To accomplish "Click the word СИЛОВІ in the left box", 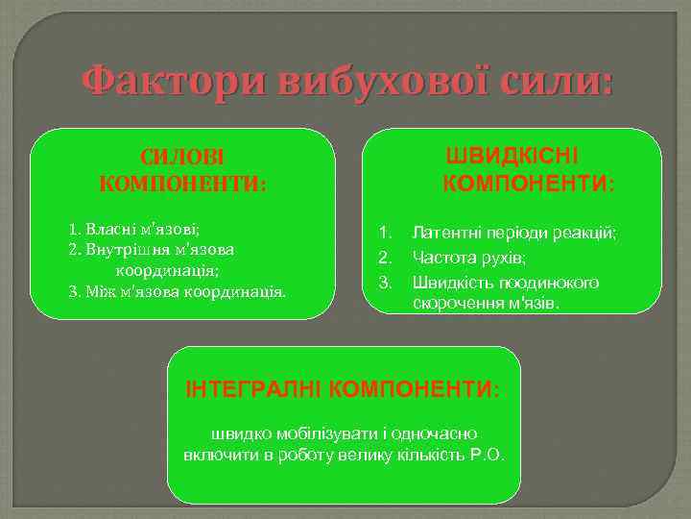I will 182,158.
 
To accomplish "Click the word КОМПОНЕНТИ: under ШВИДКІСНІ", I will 531,182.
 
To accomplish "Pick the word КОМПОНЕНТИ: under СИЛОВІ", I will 182,183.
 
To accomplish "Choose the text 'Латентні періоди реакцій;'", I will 528,233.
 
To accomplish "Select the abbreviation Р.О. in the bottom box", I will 488,454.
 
